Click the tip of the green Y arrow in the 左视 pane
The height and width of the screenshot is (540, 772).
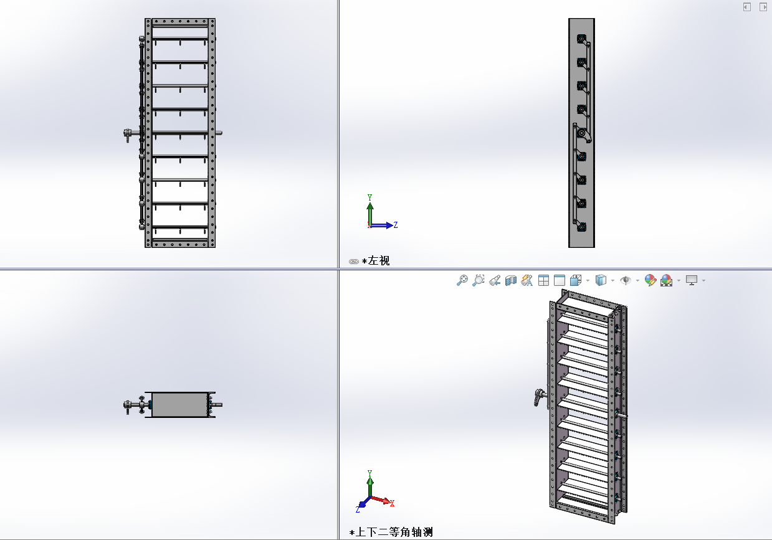[370, 202]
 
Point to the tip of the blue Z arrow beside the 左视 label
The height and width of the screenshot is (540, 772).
[393, 225]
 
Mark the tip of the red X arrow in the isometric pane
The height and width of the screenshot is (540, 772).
[390, 502]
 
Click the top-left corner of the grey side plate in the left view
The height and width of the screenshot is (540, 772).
[569, 19]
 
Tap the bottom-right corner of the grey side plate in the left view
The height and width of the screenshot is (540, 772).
[594, 247]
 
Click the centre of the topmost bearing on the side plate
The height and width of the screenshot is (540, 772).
[581, 39]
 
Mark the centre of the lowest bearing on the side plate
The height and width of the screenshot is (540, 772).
[581, 227]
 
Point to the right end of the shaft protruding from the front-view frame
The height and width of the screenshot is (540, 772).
[222, 133]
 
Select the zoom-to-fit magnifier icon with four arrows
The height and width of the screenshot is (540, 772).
[462, 280]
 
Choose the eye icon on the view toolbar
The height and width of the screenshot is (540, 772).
[625, 280]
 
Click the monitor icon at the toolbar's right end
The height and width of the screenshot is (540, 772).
[692, 280]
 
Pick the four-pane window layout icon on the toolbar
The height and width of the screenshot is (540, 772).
[543, 280]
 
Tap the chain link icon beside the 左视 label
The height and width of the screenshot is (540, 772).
[354, 261]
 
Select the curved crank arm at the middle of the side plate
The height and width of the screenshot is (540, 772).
[585, 135]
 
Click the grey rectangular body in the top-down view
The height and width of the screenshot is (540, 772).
[179, 405]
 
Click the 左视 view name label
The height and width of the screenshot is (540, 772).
[379, 261]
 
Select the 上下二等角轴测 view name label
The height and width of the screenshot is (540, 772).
[394, 532]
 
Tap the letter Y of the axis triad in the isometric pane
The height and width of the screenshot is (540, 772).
[370, 473]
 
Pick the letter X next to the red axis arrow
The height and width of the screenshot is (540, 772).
[392, 503]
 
